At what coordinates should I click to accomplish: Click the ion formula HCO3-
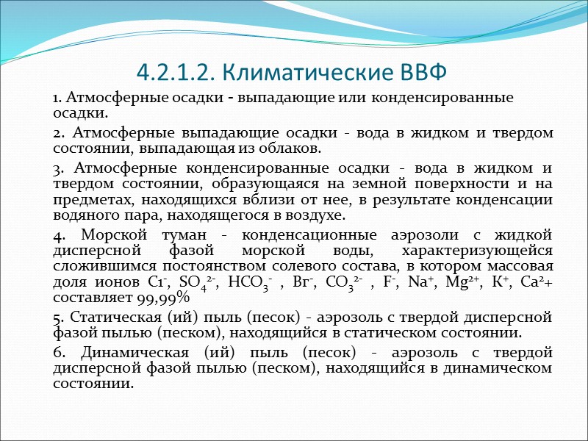pyautogui.click(x=251, y=283)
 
